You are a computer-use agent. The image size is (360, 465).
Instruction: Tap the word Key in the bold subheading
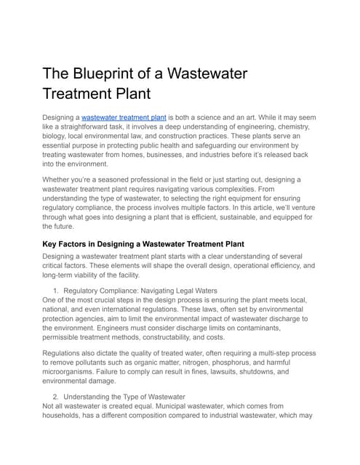(53, 243)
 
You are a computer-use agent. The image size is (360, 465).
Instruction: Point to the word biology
(57, 137)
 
